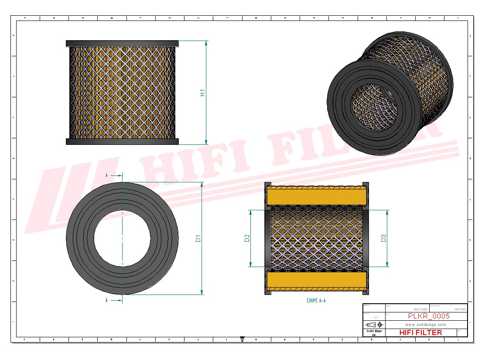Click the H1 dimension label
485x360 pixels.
pos(202,93)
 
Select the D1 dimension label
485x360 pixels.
pos(198,238)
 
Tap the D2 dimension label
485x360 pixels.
pos(247,238)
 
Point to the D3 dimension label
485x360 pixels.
pos(384,238)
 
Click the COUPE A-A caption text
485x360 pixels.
pos(316,301)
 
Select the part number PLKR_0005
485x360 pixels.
pos(428,316)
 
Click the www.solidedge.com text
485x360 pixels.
pos(425,325)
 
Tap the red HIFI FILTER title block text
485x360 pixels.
pos(420,333)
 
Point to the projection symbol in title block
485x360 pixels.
pos(374,325)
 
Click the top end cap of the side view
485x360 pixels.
pos(122,44)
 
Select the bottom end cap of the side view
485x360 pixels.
pos(122,141)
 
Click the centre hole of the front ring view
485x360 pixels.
pos(122,238)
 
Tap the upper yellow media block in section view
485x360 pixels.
pos(316,195)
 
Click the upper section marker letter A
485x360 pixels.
pos(107,175)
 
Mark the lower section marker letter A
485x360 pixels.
pos(107,301)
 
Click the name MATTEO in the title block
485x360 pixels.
pos(460,309)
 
